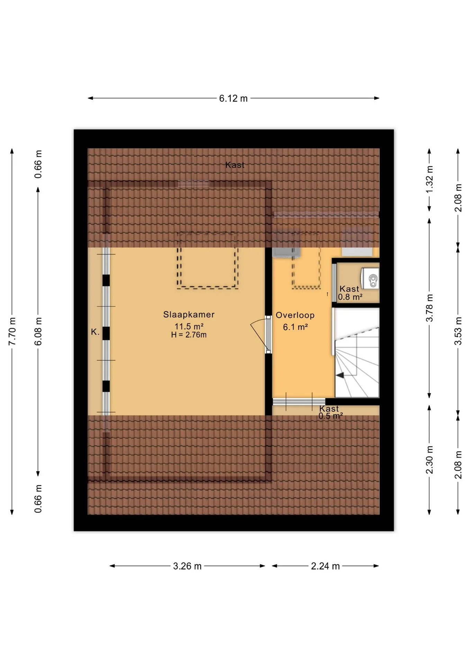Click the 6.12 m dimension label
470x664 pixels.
[x=233, y=99]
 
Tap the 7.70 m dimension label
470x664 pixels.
[x=12, y=331]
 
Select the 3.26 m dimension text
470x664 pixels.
[x=187, y=566]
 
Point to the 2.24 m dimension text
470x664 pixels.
[x=325, y=566]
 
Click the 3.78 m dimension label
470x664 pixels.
[x=430, y=308]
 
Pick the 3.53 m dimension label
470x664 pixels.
[x=458, y=331]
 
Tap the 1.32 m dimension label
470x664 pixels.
[x=430, y=180]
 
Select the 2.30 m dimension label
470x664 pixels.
[x=430, y=460]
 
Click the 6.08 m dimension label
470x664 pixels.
[x=38, y=331]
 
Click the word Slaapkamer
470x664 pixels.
[x=189, y=314]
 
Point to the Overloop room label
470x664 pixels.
[x=295, y=315]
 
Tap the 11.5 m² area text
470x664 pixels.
[x=189, y=326]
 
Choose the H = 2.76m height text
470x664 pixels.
[x=189, y=335]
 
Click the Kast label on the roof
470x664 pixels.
[x=235, y=165]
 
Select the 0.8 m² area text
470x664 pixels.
[x=350, y=297]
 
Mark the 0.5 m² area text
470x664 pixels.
[x=331, y=416]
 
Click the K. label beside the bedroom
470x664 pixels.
[x=95, y=332]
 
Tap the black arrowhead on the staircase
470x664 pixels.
[x=340, y=375]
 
